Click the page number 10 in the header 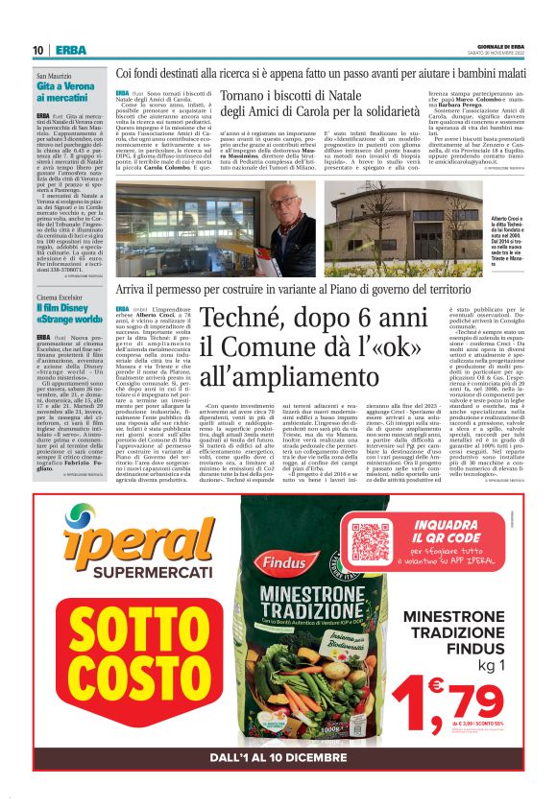[37, 50]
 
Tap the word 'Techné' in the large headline [254, 318]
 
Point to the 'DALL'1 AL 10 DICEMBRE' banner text [278, 758]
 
